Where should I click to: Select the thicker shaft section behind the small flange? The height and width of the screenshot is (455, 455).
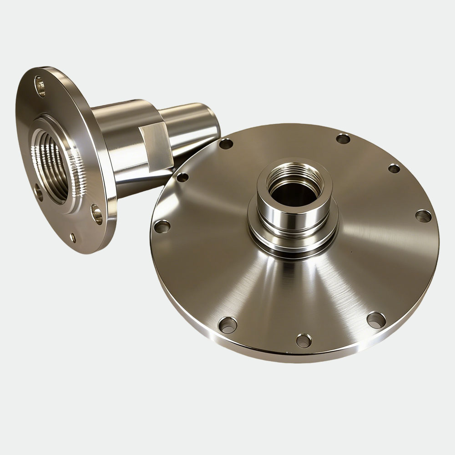123,136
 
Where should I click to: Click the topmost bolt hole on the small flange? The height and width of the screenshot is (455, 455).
40,86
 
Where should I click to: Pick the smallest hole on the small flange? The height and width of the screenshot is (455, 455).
73,238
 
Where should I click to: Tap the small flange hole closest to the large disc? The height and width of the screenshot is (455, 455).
96,214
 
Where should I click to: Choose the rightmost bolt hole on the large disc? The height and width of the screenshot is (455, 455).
423,216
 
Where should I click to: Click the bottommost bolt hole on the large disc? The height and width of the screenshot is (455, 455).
303,340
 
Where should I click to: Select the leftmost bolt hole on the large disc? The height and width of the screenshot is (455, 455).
162,226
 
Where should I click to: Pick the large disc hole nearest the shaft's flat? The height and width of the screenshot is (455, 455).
182,177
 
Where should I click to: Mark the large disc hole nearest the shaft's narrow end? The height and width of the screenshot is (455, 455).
226,144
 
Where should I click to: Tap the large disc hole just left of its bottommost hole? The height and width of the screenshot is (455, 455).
227,324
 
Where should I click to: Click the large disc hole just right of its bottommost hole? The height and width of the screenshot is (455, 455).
376,319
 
